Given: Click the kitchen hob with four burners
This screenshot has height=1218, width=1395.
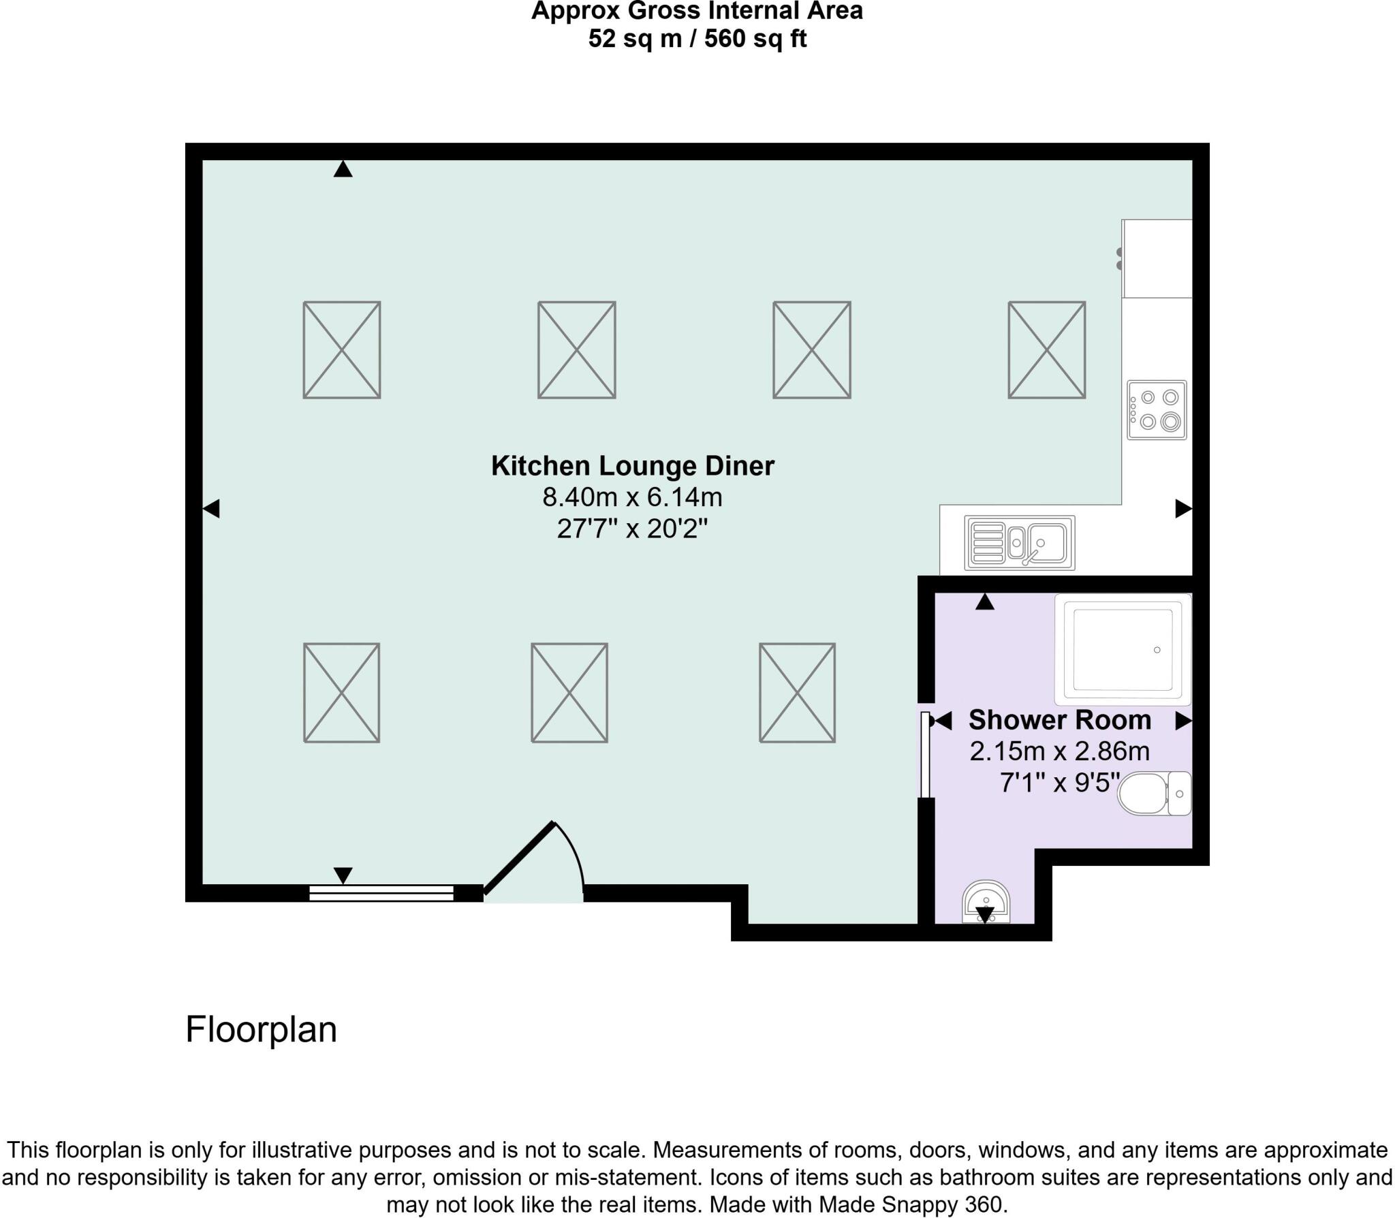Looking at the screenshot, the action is point(1157,409).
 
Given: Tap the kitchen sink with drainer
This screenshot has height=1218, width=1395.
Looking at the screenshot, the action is point(1020,542).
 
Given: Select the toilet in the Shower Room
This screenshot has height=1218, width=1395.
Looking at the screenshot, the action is point(1154,793).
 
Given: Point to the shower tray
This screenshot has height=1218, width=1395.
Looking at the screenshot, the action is point(1123,649).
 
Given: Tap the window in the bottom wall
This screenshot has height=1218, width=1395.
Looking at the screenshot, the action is point(381,893).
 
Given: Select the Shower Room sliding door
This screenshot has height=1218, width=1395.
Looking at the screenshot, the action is point(925,754).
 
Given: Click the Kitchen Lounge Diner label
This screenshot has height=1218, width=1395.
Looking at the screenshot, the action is point(633,466).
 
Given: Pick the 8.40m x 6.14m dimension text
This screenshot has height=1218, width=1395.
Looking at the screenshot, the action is point(632,497).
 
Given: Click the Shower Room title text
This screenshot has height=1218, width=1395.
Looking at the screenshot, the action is point(1060,719).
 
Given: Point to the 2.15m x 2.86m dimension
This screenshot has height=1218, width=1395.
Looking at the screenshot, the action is point(1060,751).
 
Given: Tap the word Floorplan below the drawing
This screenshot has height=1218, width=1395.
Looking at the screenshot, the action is point(262,1029).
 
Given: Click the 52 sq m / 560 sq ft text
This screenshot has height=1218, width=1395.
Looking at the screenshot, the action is point(697,39).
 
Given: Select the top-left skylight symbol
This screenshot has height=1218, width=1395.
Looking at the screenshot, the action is point(342,350).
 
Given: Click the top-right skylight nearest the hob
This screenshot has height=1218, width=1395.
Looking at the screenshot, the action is point(1047,350).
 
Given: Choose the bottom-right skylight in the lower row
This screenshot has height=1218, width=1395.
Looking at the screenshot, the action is point(798,693).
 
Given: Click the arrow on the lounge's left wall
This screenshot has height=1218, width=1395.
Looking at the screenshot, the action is point(211,508).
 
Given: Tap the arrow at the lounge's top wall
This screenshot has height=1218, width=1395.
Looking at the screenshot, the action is point(343,169).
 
